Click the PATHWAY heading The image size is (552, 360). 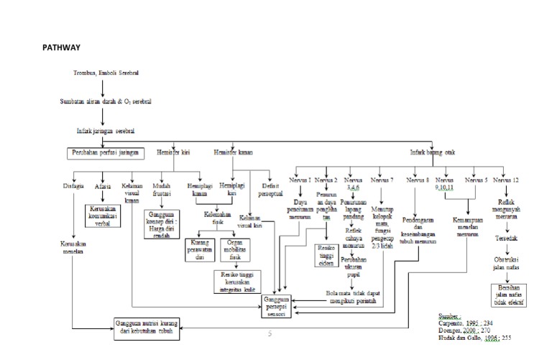click(61, 47)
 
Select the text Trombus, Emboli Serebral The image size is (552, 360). click(106, 73)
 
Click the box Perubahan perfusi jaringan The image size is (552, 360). click(106, 152)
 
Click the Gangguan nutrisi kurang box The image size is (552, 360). click(145, 328)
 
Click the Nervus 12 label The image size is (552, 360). click(509, 179)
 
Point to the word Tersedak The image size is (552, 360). click(508, 236)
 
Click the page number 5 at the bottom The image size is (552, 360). click(270, 333)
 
